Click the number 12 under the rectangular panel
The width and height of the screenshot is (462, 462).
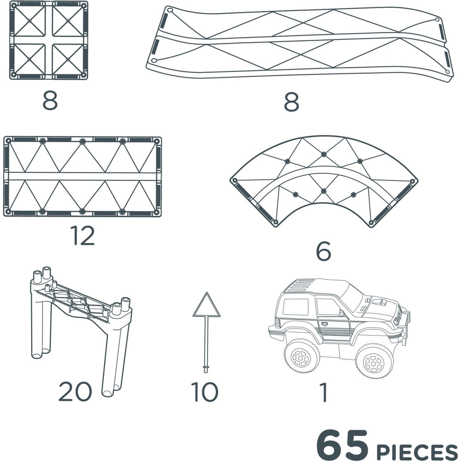[x=82, y=236]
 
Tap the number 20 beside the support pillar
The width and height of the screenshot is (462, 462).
[x=75, y=391]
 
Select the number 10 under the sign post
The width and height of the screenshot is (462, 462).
[x=205, y=392]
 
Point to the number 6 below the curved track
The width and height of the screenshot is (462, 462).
[x=323, y=251]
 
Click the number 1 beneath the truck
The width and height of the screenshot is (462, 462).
[x=324, y=392]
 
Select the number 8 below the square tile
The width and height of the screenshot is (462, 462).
[x=50, y=100]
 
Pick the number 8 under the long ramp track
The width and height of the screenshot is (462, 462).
[x=292, y=102]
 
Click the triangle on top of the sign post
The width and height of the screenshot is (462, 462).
[x=207, y=305]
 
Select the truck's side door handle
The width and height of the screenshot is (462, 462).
[x=324, y=324]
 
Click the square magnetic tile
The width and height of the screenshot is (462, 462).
[x=49, y=40]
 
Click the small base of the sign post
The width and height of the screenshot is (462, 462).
[x=206, y=368]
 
